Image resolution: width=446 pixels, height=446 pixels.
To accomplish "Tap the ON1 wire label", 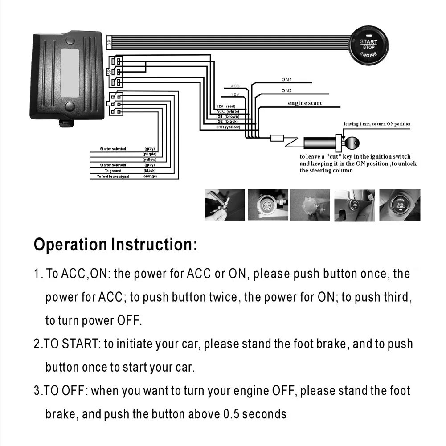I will pyautogui.click(x=286, y=80).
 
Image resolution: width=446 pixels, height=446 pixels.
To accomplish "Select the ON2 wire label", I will pyautogui.click(x=286, y=90).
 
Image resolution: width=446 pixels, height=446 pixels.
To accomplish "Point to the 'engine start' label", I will pyautogui.click(x=305, y=103).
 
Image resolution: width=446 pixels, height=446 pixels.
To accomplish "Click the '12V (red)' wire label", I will pyautogui.click(x=225, y=106).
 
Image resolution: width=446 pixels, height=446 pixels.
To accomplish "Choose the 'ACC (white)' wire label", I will pyautogui.click(x=227, y=111).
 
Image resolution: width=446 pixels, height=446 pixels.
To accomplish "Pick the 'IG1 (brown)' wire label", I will pyautogui.click(x=227, y=116).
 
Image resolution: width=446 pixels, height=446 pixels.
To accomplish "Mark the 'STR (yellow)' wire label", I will pyautogui.click(x=228, y=127).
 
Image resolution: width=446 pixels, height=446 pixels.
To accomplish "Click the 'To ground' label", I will pyautogui.click(x=113, y=171).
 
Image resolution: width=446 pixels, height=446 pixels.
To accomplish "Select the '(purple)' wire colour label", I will pyautogui.click(x=149, y=154).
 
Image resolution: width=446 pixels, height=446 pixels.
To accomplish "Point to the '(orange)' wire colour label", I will pyautogui.click(x=149, y=176).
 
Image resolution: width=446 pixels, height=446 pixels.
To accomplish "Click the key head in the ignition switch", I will pyautogui.click(x=351, y=143).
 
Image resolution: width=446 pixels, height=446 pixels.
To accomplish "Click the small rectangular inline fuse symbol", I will pyautogui.click(x=277, y=138).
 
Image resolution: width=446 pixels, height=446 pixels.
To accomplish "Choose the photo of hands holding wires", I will pyautogui.click(x=225, y=205).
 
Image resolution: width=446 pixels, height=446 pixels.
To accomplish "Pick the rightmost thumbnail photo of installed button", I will pyautogui.click(x=399, y=205).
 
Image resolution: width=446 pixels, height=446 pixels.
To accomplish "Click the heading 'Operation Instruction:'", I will pyautogui.click(x=115, y=245).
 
